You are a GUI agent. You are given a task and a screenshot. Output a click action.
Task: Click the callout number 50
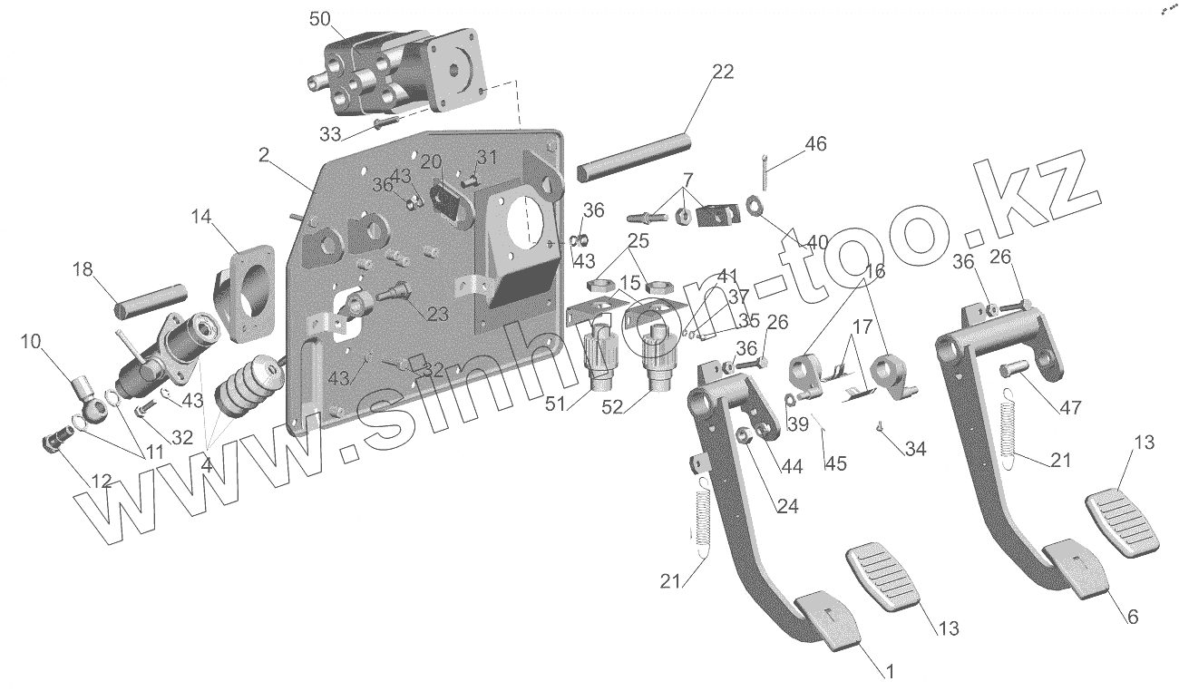321,19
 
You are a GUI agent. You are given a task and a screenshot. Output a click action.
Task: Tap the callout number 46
815,143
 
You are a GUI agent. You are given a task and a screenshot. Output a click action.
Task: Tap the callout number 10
30,341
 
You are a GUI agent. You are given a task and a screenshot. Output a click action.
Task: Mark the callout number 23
438,315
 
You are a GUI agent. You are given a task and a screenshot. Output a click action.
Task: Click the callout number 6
1133,617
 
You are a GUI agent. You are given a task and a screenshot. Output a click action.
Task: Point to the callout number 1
890,672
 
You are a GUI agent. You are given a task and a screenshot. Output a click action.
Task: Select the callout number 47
1070,407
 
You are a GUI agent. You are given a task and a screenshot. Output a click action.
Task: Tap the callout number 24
787,506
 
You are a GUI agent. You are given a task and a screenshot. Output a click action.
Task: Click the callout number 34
916,448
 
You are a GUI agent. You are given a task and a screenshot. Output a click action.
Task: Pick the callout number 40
817,243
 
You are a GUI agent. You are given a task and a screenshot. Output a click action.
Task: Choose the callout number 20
431,161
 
